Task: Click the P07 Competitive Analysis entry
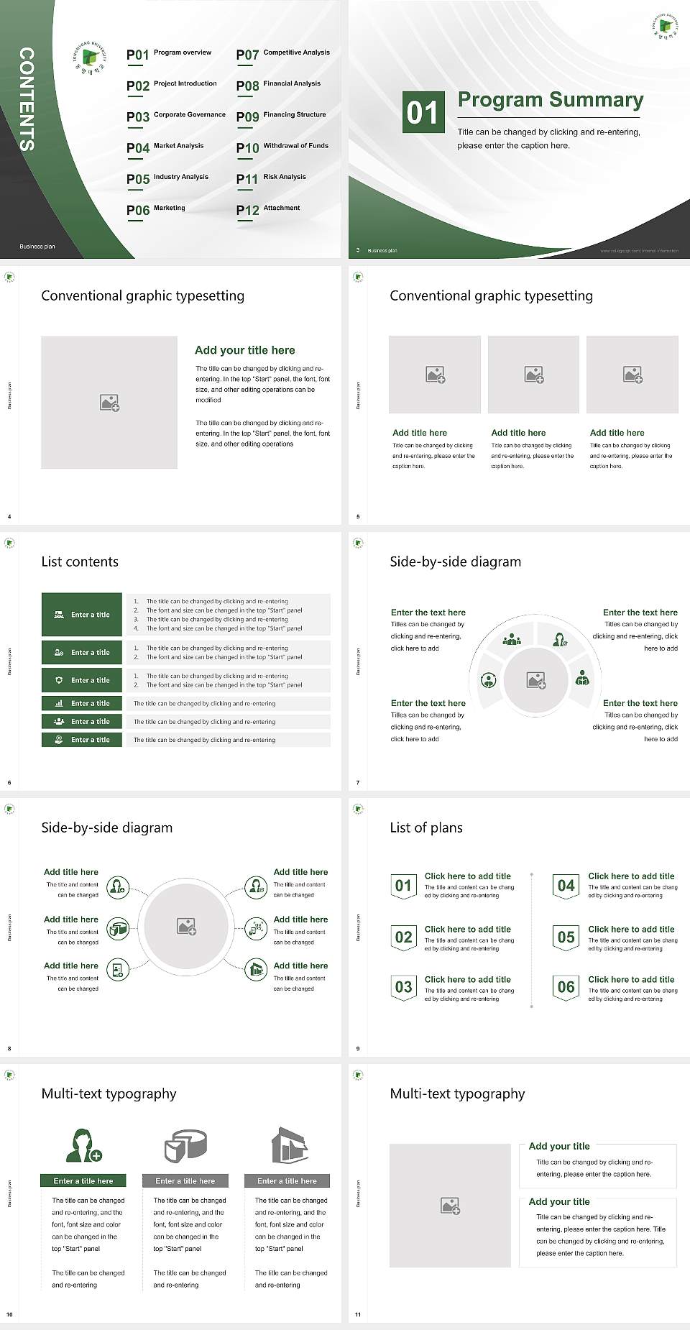(282, 54)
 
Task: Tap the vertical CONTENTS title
(27, 99)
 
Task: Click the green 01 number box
(423, 112)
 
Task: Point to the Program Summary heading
(550, 100)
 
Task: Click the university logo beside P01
(89, 57)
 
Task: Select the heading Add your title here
(244, 350)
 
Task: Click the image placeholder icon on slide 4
(109, 403)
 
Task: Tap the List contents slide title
(80, 561)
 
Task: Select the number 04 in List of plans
(566, 886)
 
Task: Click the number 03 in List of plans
(403, 987)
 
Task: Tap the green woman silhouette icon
(83, 1146)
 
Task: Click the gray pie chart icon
(185, 1146)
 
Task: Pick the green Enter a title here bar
(83, 1180)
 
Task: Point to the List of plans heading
(426, 827)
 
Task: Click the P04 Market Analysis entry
(165, 147)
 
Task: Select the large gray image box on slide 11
(450, 1206)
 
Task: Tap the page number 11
(358, 1315)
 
